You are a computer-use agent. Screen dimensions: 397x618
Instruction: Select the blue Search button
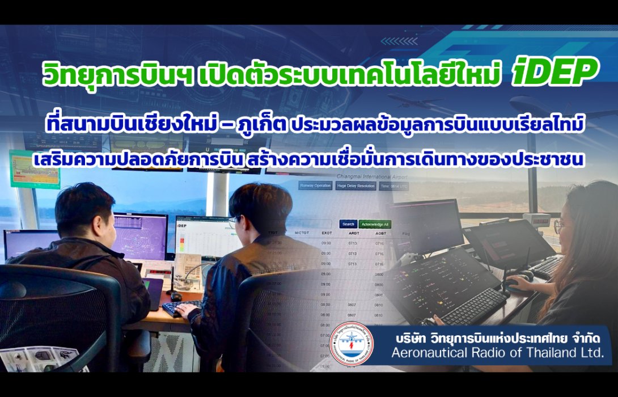click(348, 224)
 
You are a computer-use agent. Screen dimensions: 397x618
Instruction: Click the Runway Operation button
click(315, 185)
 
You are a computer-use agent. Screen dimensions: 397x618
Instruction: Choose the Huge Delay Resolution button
click(355, 185)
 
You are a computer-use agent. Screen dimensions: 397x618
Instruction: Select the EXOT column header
click(326, 233)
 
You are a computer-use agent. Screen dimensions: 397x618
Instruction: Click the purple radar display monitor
click(139, 235)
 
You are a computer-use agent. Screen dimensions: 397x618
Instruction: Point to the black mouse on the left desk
click(176, 296)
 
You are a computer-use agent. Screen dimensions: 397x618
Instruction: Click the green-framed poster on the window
click(35, 168)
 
